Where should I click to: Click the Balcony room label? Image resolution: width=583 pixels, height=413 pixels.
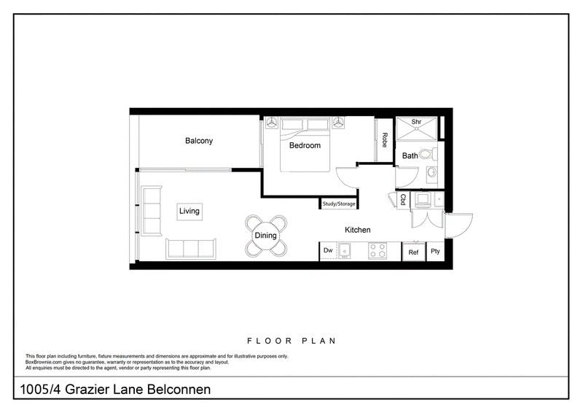click(199, 141)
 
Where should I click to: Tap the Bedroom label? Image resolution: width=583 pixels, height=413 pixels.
click(305, 145)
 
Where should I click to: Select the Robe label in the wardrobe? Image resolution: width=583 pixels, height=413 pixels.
click(385, 139)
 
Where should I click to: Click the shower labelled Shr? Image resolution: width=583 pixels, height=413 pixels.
click(416, 129)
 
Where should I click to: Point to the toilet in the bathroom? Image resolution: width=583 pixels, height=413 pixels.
click(428, 154)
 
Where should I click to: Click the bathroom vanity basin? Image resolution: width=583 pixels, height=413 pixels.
click(431, 172)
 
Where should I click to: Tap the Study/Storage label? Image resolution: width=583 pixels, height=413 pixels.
click(339, 204)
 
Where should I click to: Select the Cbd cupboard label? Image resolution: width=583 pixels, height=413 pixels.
click(403, 200)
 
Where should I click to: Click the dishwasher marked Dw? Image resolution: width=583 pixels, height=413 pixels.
click(328, 250)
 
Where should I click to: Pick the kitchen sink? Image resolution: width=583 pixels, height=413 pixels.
click(344, 250)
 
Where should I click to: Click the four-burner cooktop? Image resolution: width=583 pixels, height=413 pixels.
click(377, 250)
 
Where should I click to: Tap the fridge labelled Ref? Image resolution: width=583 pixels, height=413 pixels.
click(413, 252)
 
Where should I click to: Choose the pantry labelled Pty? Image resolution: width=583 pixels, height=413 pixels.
click(435, 251)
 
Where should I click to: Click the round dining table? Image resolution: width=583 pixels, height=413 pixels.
click(265, 236)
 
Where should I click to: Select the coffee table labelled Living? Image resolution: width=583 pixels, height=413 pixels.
click(189, 212)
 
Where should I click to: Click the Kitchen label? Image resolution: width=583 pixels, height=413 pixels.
click(358, 230)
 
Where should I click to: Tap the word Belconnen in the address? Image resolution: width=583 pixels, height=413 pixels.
click(179, 390)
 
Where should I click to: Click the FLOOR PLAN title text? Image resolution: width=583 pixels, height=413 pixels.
click(292, 341)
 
